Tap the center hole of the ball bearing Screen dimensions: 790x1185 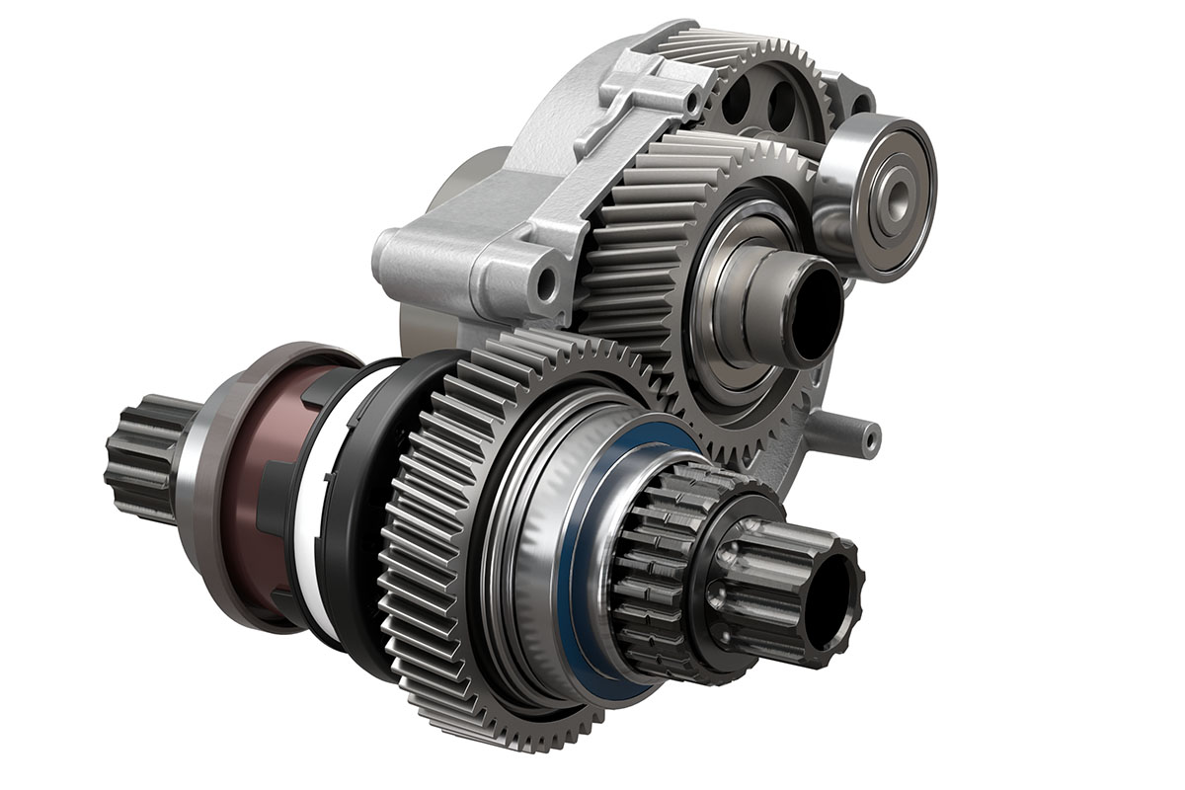click(x=894, y=196)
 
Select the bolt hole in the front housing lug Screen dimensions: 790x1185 click(x=545, y=285)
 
